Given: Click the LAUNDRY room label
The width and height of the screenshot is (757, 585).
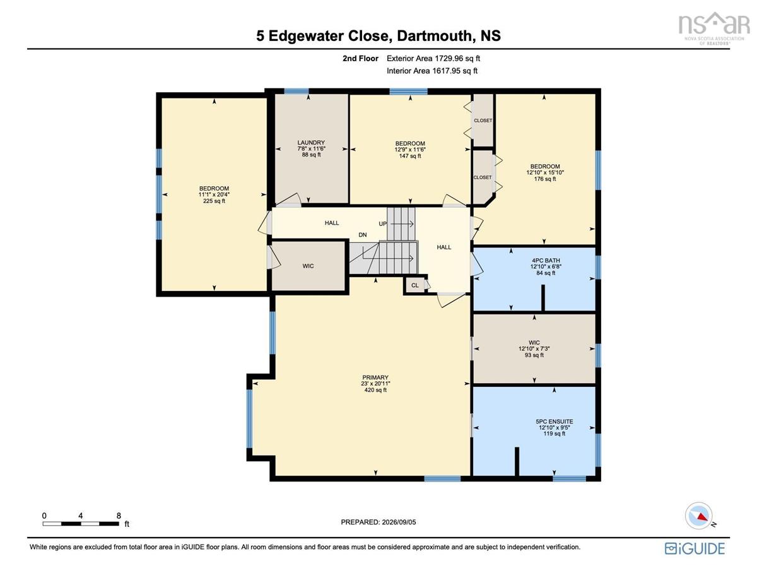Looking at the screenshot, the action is point(311,143).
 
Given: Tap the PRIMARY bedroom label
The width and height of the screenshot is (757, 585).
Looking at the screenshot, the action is point(375,377).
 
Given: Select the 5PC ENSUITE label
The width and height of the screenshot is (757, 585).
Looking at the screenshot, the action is point(554,422).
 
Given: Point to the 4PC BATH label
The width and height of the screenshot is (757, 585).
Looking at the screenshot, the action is point(546,260).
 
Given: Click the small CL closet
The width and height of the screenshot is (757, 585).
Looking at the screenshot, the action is point(414,285).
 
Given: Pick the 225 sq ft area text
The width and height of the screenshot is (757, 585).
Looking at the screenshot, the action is point(214,201).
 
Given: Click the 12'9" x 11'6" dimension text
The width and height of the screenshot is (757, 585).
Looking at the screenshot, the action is point(409,150).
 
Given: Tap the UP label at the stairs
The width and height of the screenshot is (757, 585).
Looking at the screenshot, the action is point(382,223).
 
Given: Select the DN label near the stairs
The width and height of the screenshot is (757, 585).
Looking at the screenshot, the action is point(362,235).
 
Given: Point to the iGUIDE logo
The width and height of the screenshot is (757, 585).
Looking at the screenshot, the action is point(695,548).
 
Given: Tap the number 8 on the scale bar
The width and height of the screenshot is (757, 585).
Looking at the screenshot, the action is point(119,516).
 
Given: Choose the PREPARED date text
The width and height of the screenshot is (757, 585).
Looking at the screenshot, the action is point(378,522).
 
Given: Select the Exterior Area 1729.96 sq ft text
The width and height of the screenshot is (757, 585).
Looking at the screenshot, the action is point(433,59).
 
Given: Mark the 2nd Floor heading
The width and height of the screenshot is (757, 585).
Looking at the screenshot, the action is point(360,59).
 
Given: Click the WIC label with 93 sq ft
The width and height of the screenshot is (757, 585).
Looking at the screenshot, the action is point(534,343).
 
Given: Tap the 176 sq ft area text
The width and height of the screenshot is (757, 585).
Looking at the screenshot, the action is point(545,179).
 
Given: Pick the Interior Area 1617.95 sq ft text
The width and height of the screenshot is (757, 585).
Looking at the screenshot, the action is point(432,71).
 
